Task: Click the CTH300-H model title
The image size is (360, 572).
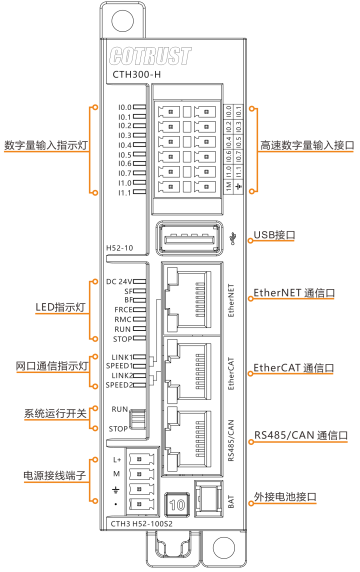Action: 136,75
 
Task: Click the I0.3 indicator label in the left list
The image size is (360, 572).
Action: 124,135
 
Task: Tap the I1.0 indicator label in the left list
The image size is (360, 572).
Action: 124,183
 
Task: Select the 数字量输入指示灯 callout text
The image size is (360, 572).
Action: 46,145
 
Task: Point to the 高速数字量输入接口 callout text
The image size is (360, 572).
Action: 307,145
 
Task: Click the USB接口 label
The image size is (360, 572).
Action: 274,235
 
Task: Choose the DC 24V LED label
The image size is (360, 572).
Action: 119,281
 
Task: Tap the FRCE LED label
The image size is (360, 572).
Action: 123,310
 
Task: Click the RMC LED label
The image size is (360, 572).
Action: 123,319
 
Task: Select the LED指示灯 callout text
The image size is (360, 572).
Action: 60,307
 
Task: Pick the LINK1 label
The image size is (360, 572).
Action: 122,357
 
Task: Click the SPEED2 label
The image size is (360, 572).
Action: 119,385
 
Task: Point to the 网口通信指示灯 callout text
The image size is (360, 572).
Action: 52,366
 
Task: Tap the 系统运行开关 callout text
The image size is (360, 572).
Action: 55,414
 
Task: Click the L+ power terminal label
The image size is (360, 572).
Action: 117,459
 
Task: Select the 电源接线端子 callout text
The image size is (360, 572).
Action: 55,476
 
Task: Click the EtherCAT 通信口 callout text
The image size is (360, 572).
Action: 293,368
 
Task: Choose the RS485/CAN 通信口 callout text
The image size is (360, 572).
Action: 301,435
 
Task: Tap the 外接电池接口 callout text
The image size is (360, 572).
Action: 285,497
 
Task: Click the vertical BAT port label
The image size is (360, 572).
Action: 231,501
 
